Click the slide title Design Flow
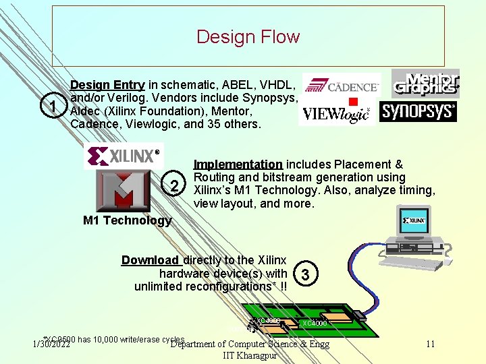point(248,36)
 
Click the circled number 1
point(52,106)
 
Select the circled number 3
point(306,275)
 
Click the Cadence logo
point(342,87)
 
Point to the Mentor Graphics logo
point(425,84)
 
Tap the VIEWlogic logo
point(337,114)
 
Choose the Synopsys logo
point(418,111)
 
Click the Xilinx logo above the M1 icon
point(124,156)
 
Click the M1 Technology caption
point(127,220)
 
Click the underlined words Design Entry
point(107,85)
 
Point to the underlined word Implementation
point(238,164)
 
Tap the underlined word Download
point(150,260)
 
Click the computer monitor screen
point(414,220)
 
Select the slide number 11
point(431,344)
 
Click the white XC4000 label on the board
point(315,324)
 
